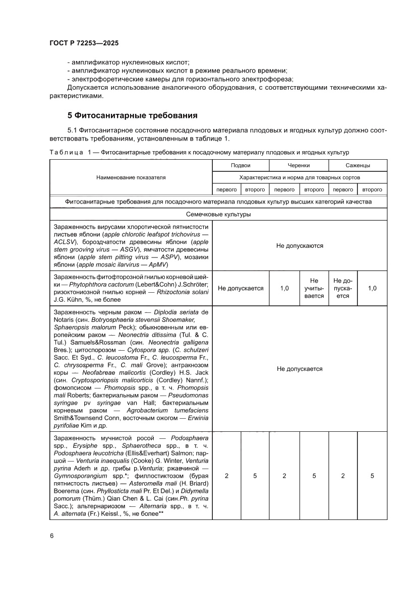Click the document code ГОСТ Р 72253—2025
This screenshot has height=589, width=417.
click(x=84, y=43)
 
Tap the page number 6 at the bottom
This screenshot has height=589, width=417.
click(x=51, y=536)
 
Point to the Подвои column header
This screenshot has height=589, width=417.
click(x=241, y=165)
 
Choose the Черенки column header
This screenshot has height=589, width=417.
click(x=299, y=165)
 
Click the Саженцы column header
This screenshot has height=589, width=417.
click(x=358, y=165)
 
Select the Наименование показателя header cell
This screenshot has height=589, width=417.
click(x=131, y=177)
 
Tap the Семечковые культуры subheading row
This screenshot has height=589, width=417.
click(x=218, y=214)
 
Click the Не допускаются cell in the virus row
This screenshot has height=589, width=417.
click(x=300, y=246)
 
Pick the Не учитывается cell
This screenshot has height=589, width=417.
click(x=314, y=288)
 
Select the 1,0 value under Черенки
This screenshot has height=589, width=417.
click(x=284, y=288)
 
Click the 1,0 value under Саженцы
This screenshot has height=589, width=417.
click(x=372, y=288)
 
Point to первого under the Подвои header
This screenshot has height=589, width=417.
click(x=226, y=189)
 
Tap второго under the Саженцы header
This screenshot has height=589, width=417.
click(x=372, y=189)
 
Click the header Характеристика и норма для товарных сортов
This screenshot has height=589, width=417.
click(x=300, y=177)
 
